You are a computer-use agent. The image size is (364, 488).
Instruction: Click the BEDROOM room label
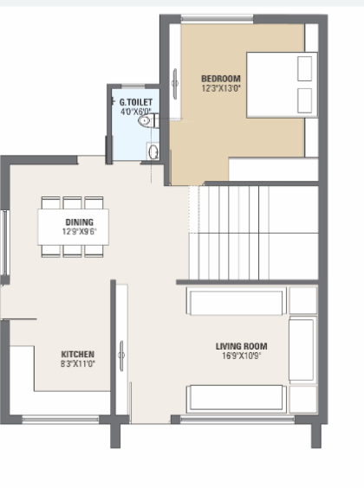pyautogui.click(x=220, y=78)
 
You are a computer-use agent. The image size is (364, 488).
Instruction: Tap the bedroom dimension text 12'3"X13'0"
pyautogui.click(x=220, y=87)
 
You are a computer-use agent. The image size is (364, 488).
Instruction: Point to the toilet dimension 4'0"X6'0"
pyautogui.click(x=136, y=112)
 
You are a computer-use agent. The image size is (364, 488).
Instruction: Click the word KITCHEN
pyautogui.click(x=78, y=355)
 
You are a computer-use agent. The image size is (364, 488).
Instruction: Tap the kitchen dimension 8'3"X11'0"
pyautogui.click(x=78, y=364)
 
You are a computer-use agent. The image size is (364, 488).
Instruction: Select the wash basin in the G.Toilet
pyautogui.click(x=153, y=153)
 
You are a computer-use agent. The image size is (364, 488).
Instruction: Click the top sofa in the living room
pyautogui.click(x=236, y=303)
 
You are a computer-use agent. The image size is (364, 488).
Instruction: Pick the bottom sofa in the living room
pyautogui.click(x=236, y=398)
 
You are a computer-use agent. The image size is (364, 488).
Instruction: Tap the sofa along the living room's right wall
pyautogui.click(x=302, y=350)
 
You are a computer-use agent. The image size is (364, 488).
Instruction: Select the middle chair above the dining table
pyautogui.click(x=73, y=202)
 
